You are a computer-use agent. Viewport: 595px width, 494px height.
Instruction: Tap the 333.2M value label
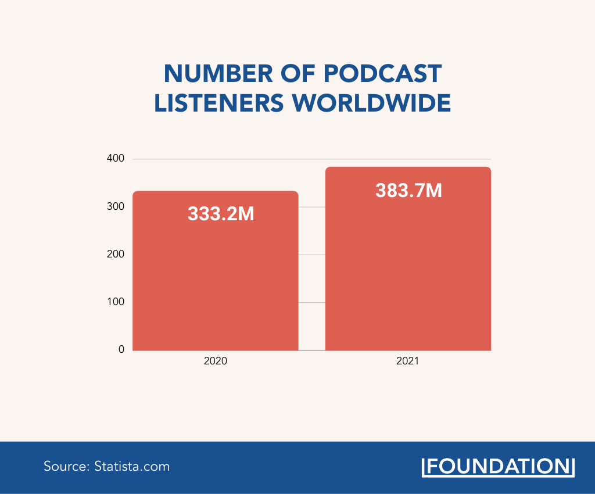pos(221,214)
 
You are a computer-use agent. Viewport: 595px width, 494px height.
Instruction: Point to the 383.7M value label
pos(408,190)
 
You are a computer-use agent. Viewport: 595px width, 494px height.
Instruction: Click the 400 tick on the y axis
pos(116,159)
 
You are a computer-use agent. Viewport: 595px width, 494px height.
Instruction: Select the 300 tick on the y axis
pos(116,207)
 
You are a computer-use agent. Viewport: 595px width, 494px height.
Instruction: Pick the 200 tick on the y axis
pos(116,255)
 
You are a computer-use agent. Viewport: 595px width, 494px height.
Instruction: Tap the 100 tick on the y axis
pos(116,302)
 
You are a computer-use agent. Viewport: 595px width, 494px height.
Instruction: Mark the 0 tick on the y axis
pos(121,350)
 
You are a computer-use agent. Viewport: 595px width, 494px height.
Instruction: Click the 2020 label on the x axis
pos(216,361)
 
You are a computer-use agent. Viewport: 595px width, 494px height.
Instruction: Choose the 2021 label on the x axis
pos(408,361)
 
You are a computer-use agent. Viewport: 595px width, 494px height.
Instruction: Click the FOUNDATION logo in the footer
pos(497,467)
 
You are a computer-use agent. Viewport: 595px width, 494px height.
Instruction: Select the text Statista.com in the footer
pos(132,466)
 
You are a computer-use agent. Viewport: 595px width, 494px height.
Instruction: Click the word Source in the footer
pos(64,466)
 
